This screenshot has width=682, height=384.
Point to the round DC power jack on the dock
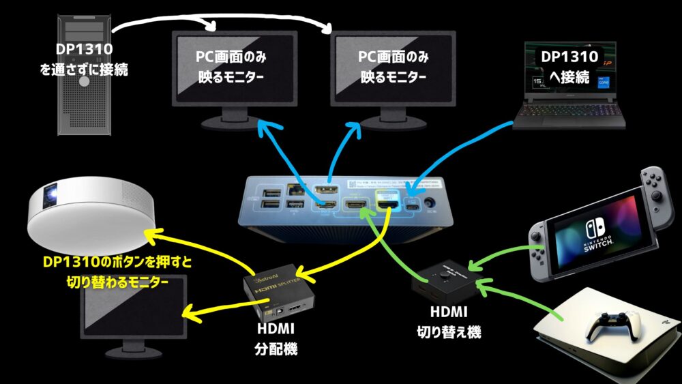coord(430,202)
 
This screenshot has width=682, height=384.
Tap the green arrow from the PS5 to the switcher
coord(522,300)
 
